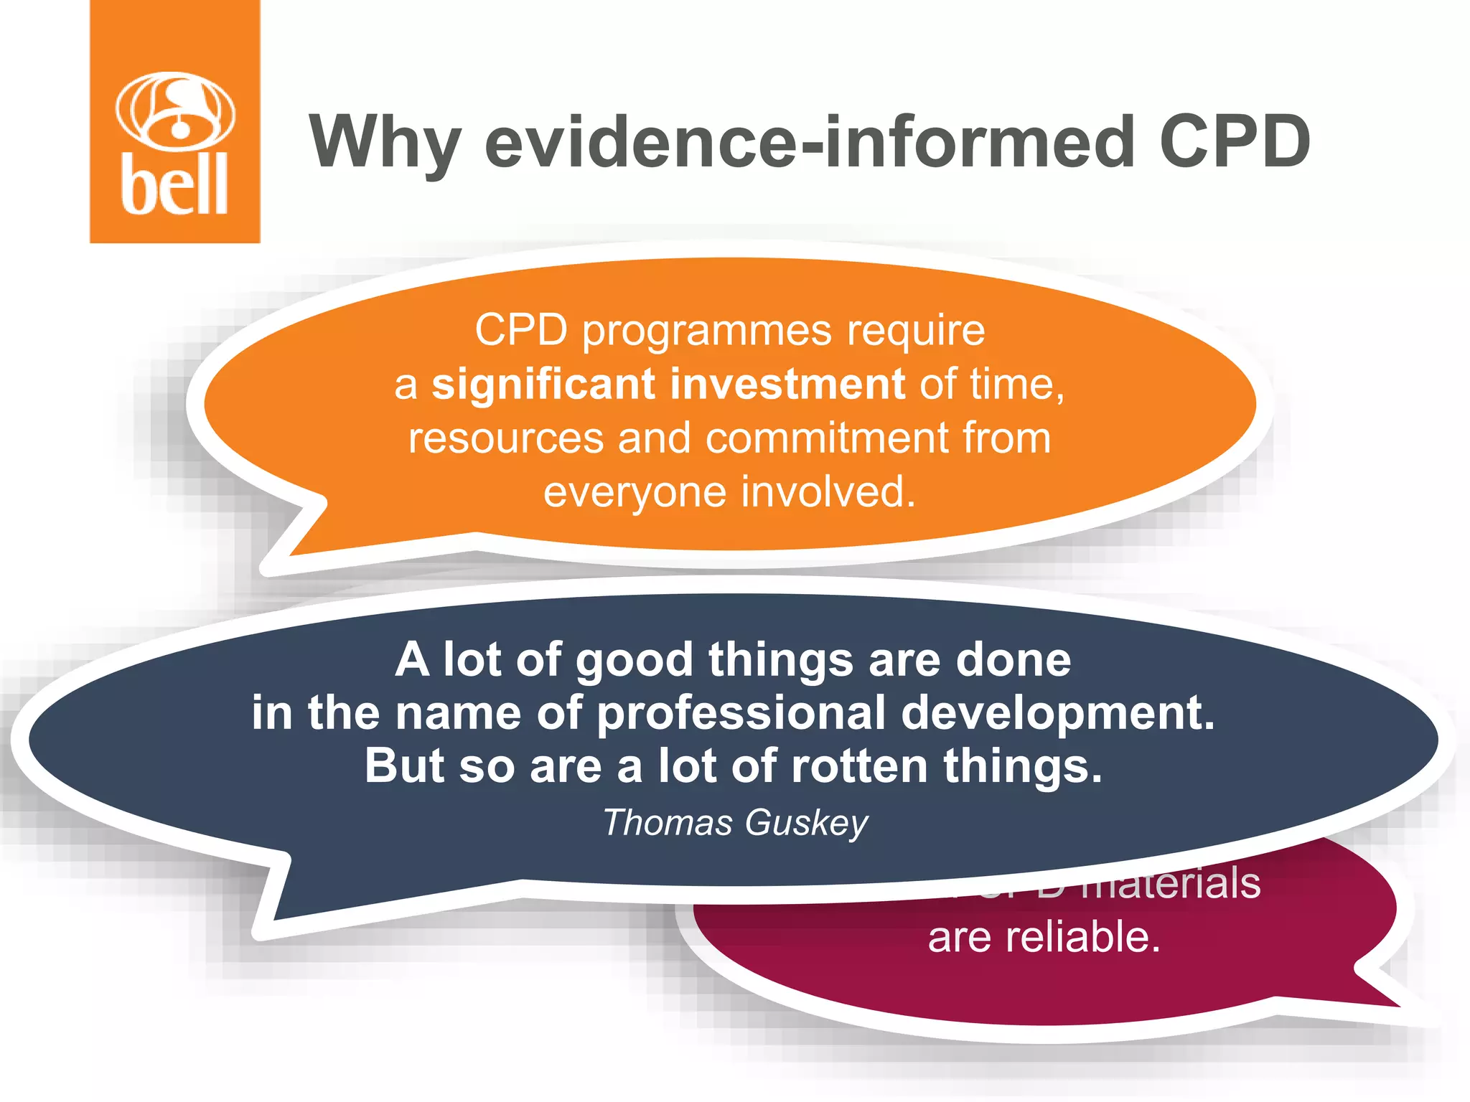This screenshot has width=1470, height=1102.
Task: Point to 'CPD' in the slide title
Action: pyautogui.click(x=1235, y=142)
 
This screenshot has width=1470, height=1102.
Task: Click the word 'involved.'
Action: pyautogui.click(x=828, y=492)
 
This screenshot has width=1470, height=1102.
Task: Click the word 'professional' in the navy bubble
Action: pyautogui.click(x=741, y=713)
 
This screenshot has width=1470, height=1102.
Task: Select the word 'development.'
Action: pyautogui.click(x=1058, y=713)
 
